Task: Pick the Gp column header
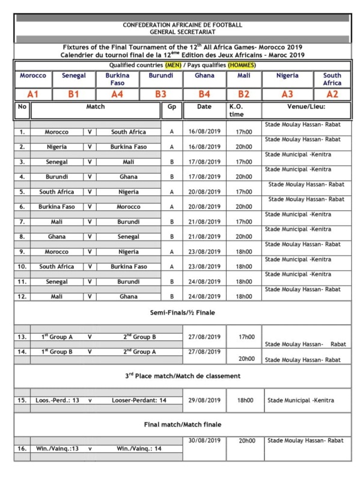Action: [171, 106]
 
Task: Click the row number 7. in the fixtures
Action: [22, 222]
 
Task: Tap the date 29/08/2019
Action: [204, 400]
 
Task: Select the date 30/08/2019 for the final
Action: [204, 440]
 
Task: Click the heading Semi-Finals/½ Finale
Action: [182, 313]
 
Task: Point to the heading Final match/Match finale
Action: [182, 424]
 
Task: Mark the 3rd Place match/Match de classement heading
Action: [182, 376]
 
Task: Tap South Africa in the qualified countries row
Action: [332, 79]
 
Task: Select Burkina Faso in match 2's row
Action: [128, 147]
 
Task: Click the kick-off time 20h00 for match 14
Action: [246, 359]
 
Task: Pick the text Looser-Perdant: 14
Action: [139, 400]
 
